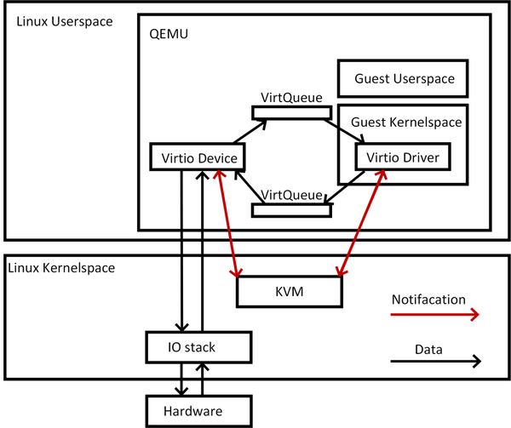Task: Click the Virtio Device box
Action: click(198, 157)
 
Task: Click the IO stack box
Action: click(198, 346)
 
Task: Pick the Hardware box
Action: click(198, 410)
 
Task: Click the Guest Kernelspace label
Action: click(405, 122)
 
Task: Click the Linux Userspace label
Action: click(64, 20)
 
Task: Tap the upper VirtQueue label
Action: click(291, 99)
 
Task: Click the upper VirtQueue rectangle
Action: click(291, 112)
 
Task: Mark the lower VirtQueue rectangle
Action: click(291, 208)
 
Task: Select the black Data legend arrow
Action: click(434, 362)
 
